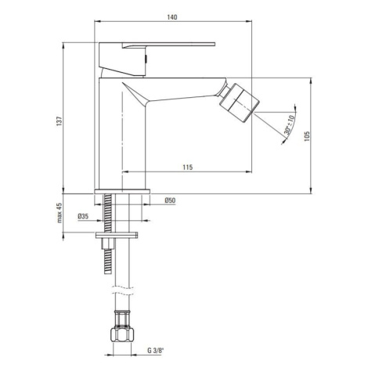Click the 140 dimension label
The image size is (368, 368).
172,17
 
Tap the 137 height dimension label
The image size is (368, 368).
60,121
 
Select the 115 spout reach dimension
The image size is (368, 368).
188,167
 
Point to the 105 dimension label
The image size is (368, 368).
307,136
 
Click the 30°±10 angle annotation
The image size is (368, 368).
290,124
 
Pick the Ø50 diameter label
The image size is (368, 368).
170,200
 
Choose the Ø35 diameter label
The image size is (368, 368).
83,216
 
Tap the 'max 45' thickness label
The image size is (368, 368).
60,213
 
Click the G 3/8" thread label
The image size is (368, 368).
155,351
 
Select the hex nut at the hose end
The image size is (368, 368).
122,334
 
